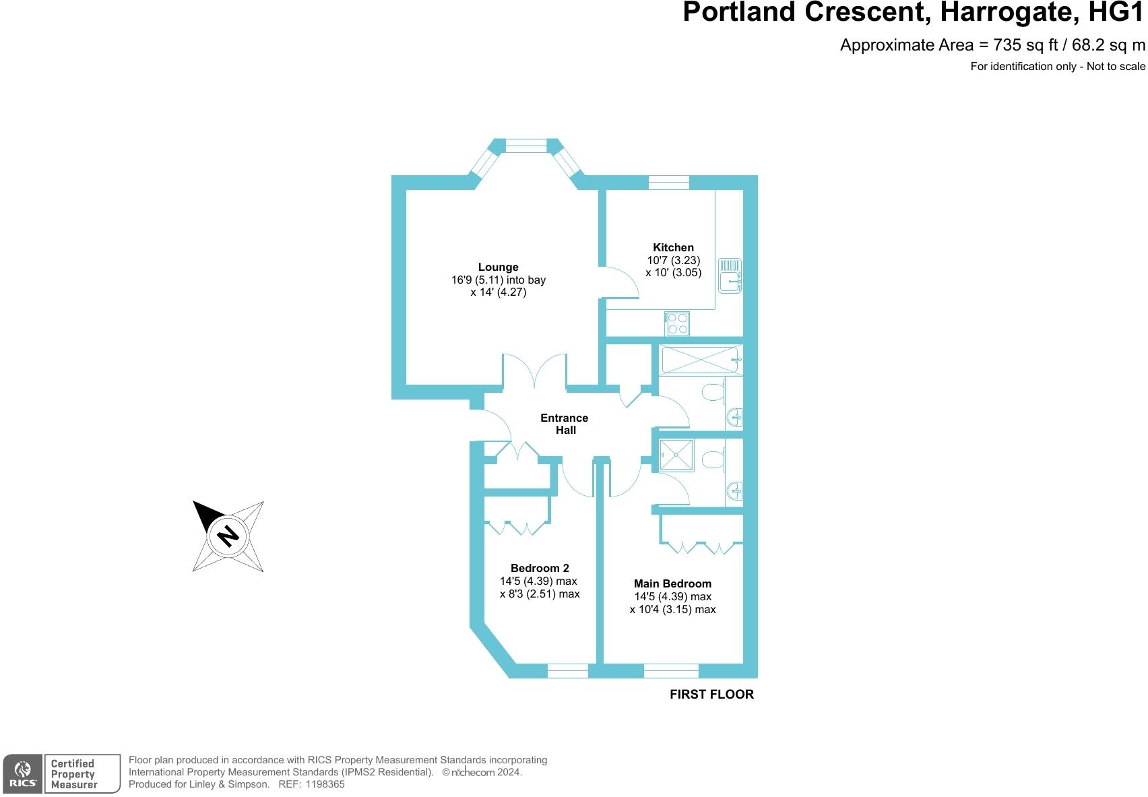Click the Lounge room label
tap(498, 267)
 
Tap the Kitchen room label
tap(673, 247)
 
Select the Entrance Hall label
tap(565, 424)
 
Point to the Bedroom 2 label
tap(540, 568)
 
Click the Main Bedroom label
tap(672, 583)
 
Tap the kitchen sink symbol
tap(730, 276)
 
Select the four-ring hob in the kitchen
tap(677, 323)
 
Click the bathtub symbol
tap(701, 359)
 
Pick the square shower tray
tap(676, 454)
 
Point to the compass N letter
tap(228, 536)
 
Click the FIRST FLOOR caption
tap(711, 695)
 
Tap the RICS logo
tap(22, 774)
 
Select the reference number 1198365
tap(325, 784)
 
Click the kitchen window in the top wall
tap(668, 183)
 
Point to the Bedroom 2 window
tap(568, 671)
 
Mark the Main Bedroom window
tap(671, 671)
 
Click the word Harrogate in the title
tap(1008, 12)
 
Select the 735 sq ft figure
tap(1025, 45)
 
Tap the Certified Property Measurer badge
tap(82, 774)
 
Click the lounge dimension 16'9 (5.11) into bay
tap(498, 280)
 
